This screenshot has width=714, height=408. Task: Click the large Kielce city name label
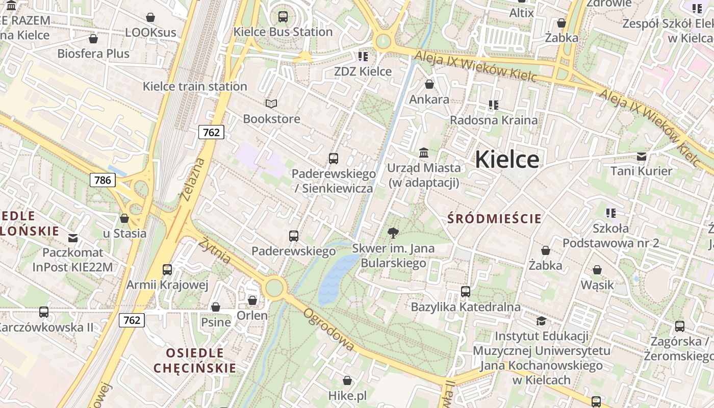506,160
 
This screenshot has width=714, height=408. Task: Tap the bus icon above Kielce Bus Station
283,17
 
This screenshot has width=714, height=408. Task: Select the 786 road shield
103,180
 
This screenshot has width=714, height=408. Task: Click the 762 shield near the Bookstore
211,133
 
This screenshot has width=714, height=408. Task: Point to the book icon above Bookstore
271,104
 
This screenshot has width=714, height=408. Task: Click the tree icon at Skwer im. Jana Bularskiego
393,234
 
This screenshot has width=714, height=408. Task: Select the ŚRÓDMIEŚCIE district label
494,219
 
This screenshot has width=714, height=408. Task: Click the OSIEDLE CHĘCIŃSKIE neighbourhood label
195,360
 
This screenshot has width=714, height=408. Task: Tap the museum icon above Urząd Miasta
424,152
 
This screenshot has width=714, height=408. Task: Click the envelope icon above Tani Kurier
641,156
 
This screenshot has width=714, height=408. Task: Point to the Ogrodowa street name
329,329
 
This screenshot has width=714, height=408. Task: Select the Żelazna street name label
192,179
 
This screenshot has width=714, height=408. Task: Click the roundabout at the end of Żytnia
274,288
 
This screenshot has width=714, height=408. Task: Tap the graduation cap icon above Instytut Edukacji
541,321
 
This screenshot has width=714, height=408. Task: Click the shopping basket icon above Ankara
429,84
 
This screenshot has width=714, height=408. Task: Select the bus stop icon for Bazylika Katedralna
466,292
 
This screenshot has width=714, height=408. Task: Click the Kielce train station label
195,86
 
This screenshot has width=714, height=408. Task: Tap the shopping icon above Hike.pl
347,380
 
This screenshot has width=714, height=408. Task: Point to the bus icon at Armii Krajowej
167,269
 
